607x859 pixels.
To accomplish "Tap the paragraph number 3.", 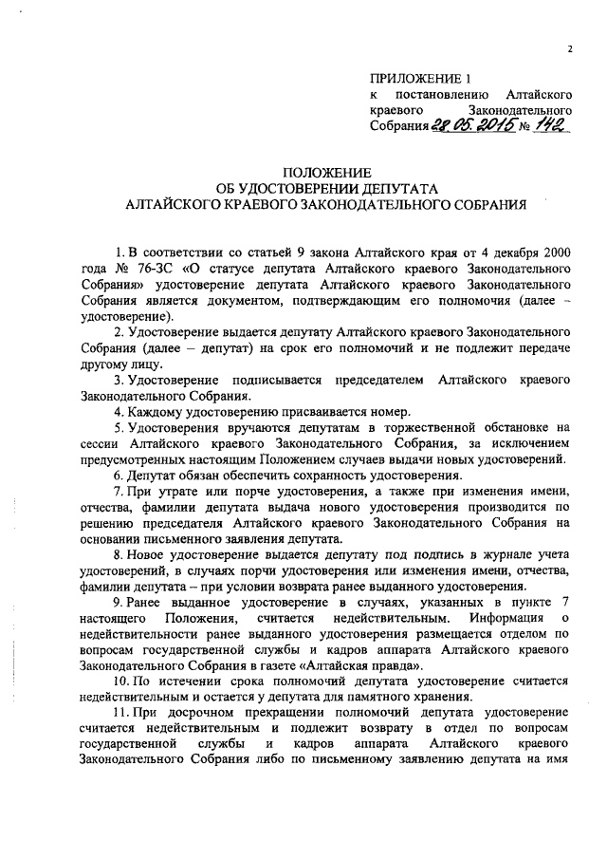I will tap(117, 379).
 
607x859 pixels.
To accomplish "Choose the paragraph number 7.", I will tap(117, 493).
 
